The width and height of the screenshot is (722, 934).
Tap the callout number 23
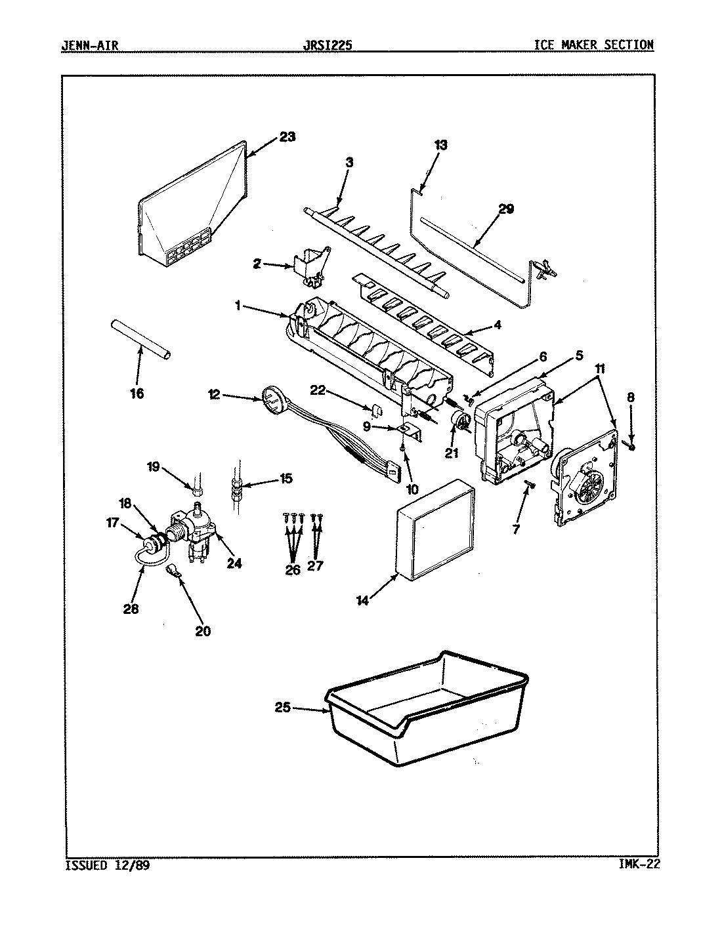coord(287,137)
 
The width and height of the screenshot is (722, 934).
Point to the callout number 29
coord(505,210)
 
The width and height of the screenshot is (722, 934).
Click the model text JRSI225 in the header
coord(328,45)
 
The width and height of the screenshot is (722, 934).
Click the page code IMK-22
coord(639,864)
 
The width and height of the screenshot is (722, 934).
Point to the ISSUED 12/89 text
coord(108,864)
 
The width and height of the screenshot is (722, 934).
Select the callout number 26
coord(293,569)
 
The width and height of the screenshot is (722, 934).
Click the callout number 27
coord(315,565)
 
